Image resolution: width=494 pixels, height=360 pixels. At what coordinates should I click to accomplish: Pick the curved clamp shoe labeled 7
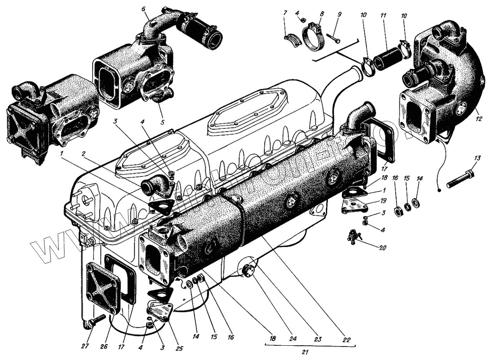pyautogui.click(x=290, y=36)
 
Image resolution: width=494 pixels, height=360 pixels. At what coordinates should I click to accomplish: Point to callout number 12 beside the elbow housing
pyautogui.click(x=479, y=119)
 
